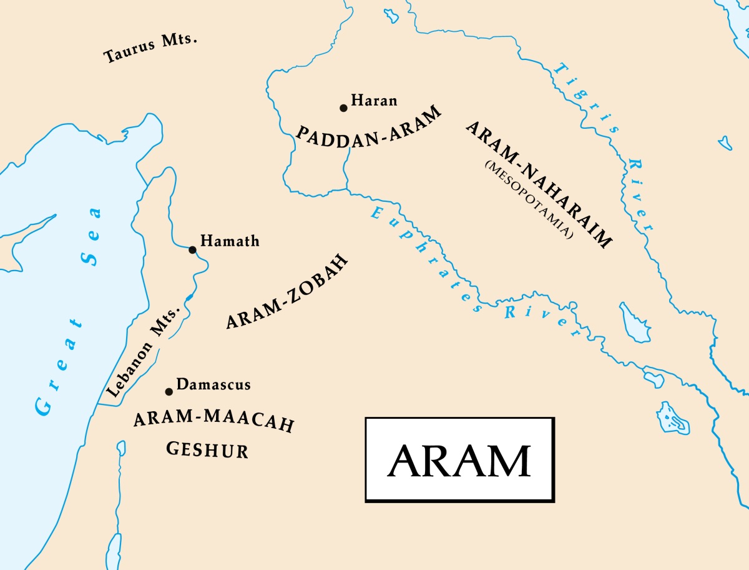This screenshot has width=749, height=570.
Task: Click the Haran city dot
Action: [343, 107]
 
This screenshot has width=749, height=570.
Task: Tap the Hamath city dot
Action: [192, 250]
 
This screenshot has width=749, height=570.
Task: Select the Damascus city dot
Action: [169, 392]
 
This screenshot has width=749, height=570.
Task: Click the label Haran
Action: [374, 100]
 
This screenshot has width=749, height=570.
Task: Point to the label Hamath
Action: [230, 241]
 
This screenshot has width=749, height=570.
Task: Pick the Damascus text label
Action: [213, 384]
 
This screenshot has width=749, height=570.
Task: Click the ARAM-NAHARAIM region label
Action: [539, 184]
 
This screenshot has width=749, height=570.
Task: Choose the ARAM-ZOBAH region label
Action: [286, 293]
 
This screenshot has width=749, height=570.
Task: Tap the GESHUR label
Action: [207, 449]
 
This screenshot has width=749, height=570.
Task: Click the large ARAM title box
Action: [459, 460]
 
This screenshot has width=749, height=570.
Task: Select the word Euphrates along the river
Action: [424, 259]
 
